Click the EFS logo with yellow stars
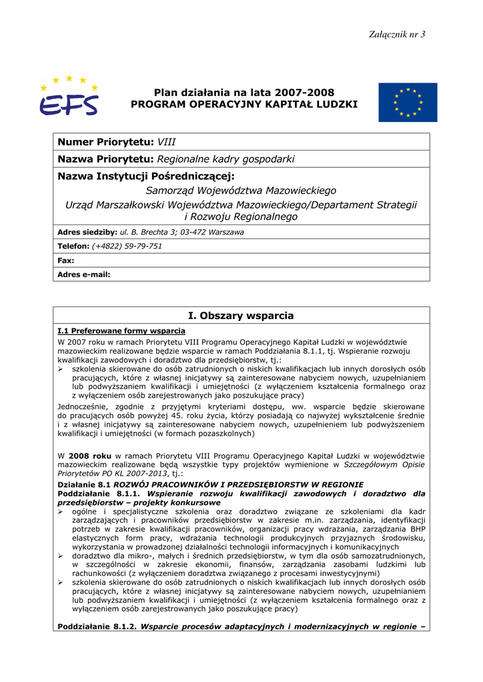(68, 97)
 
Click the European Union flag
(408, 102)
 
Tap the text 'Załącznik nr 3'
(398, 35)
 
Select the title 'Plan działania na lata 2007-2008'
(244, 92)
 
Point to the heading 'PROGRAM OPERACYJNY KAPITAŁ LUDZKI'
(244, 105)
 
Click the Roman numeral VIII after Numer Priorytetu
(167, 142)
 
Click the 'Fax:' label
(65, 260)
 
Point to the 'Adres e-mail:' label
(83, 274)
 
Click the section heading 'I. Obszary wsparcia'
(241, 316)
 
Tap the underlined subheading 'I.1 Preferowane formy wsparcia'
(121, 330)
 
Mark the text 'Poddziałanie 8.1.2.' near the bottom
(97, 627)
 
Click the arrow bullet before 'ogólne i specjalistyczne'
(61, 511)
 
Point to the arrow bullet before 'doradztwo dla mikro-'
(61, 555)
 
